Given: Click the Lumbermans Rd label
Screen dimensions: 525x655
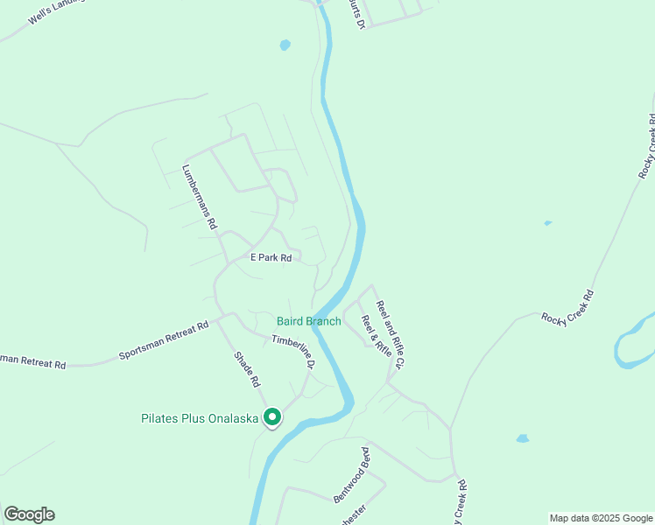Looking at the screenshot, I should click(199, 197).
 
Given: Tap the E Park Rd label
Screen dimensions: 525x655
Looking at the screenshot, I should click(271, 257).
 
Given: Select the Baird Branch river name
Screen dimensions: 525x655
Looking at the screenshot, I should click(309, 321).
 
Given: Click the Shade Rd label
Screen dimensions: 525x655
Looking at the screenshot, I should click(247, 369).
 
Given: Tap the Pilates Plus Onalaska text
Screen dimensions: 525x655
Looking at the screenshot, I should click(200, 418).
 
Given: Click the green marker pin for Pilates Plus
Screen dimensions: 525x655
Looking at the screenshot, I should click(272, 418).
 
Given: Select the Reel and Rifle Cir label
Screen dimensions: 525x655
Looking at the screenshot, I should click(391, 333).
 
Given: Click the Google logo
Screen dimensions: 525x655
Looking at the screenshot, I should click(29, 514).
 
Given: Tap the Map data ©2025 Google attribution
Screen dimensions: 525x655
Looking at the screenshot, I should click(601, 518).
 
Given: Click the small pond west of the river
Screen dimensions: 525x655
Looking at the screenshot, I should click(284, 45).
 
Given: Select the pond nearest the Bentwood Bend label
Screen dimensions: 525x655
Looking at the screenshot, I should click(523, 438).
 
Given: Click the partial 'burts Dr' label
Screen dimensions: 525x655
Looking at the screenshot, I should click(356, 14).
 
